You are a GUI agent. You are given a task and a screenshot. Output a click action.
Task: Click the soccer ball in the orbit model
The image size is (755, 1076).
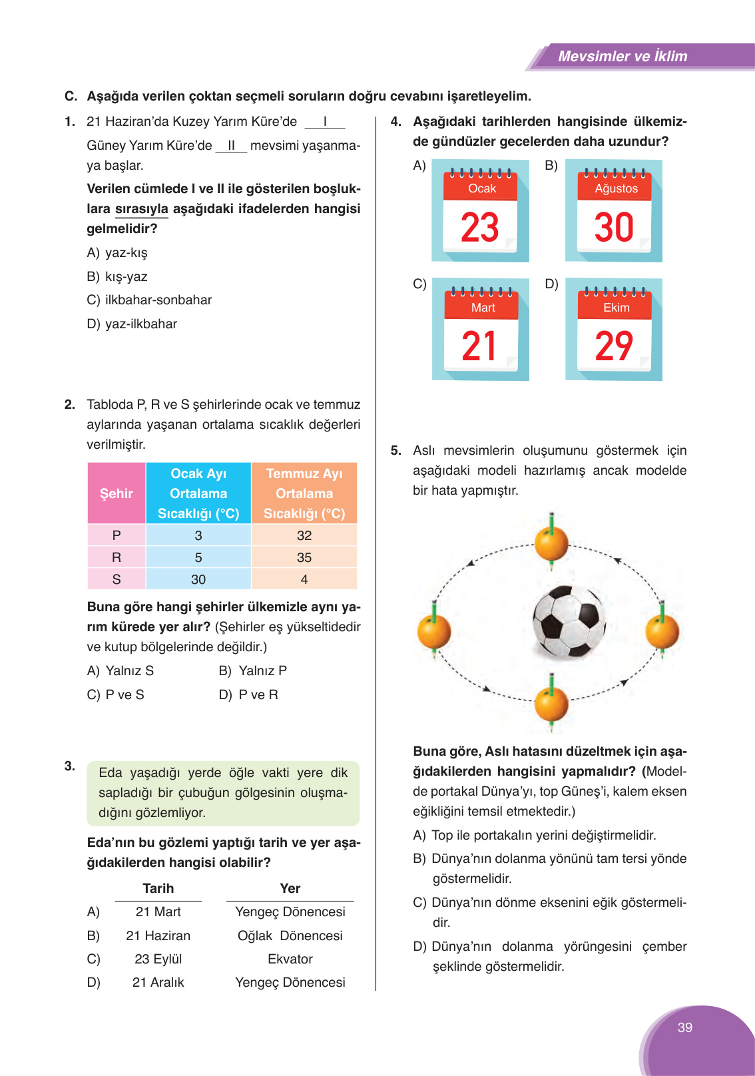click(x=569, y=621)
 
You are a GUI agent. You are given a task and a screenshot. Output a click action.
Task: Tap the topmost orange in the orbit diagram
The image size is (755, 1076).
click(x=551, y=543)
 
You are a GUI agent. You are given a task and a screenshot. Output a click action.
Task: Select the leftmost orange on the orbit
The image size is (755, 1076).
click(x=434, y=631)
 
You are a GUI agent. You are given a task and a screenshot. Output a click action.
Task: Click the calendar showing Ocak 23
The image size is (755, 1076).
click(x=480, y=210)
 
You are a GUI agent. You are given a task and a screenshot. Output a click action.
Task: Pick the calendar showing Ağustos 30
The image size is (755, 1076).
click(x=614, y=210)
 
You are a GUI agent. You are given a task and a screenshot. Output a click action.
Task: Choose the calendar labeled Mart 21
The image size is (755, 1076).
click(x=480, y=330)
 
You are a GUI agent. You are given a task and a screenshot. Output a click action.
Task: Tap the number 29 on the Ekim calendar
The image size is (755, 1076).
click(x=614, y=346)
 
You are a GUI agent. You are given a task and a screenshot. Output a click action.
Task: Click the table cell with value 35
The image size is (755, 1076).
click(x=304, y=557)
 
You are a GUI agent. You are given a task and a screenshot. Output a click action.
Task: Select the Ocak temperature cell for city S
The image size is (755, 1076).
click(x=198, y=579)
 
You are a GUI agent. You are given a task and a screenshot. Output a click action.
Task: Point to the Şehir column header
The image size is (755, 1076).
click(x=117, y=493)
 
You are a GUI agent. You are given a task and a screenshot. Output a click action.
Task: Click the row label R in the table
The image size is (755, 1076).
click(x=117, y=557)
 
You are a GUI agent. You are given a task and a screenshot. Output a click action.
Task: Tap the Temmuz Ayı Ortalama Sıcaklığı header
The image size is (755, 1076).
click(x=304, y=493)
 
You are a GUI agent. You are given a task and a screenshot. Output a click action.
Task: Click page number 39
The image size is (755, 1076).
click(x=685, y=1027)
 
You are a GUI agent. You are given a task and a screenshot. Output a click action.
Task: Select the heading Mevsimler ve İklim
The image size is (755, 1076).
click(x=623, y=57)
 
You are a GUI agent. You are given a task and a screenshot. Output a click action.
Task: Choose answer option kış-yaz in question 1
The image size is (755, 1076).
click(x=126, y=276)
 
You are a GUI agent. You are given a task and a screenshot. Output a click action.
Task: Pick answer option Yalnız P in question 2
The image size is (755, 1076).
click(x=262, y=671)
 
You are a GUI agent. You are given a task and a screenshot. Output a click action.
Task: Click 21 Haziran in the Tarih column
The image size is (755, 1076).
click(x=158, y=936)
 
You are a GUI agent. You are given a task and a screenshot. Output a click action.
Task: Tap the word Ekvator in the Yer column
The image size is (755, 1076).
click(x=290, y=959)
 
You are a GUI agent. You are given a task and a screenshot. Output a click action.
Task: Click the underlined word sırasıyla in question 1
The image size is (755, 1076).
click(x=142, y=208)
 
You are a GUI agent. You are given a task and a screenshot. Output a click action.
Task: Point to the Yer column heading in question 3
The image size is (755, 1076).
click(x=290, y=888)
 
